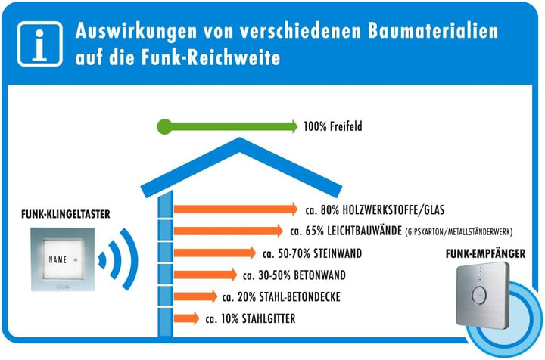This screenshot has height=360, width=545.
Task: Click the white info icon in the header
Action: point(40,44)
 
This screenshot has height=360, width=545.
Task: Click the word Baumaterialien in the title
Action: point(433,30)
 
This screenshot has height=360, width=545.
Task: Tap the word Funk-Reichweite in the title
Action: point(210,57)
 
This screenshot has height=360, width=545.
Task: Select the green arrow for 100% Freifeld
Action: point(227,126)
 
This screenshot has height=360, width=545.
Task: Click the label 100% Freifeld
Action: point(332,126)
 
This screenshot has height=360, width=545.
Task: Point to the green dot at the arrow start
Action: point(164,126)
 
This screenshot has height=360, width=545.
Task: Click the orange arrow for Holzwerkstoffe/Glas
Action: point(235,209)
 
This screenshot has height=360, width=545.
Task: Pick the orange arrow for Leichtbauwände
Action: point(229,231)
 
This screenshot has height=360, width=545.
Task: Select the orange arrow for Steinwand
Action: point(215,253)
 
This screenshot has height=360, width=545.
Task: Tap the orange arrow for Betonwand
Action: point(205,275)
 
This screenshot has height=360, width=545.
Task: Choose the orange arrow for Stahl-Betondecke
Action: point(196,296)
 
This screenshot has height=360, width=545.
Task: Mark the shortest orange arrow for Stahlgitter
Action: point(187,318)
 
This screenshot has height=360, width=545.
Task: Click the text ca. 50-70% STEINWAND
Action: point(312,253)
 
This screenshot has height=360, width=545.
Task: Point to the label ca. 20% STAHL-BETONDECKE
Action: point(281,296)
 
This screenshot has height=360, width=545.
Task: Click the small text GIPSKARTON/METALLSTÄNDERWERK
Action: point(459,232)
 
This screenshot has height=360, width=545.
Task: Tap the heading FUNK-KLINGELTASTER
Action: point(66,214)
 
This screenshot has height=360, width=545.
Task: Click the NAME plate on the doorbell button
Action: point(63,259)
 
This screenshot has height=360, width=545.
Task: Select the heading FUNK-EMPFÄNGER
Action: point(485,254)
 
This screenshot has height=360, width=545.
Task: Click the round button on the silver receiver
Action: point(480,296)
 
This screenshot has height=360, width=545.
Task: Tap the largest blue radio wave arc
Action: point(134,259)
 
